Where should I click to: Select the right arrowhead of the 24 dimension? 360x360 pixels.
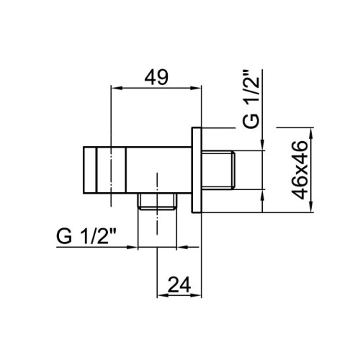(x=197, y=297)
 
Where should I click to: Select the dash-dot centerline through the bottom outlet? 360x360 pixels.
(x=156, y=223)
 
